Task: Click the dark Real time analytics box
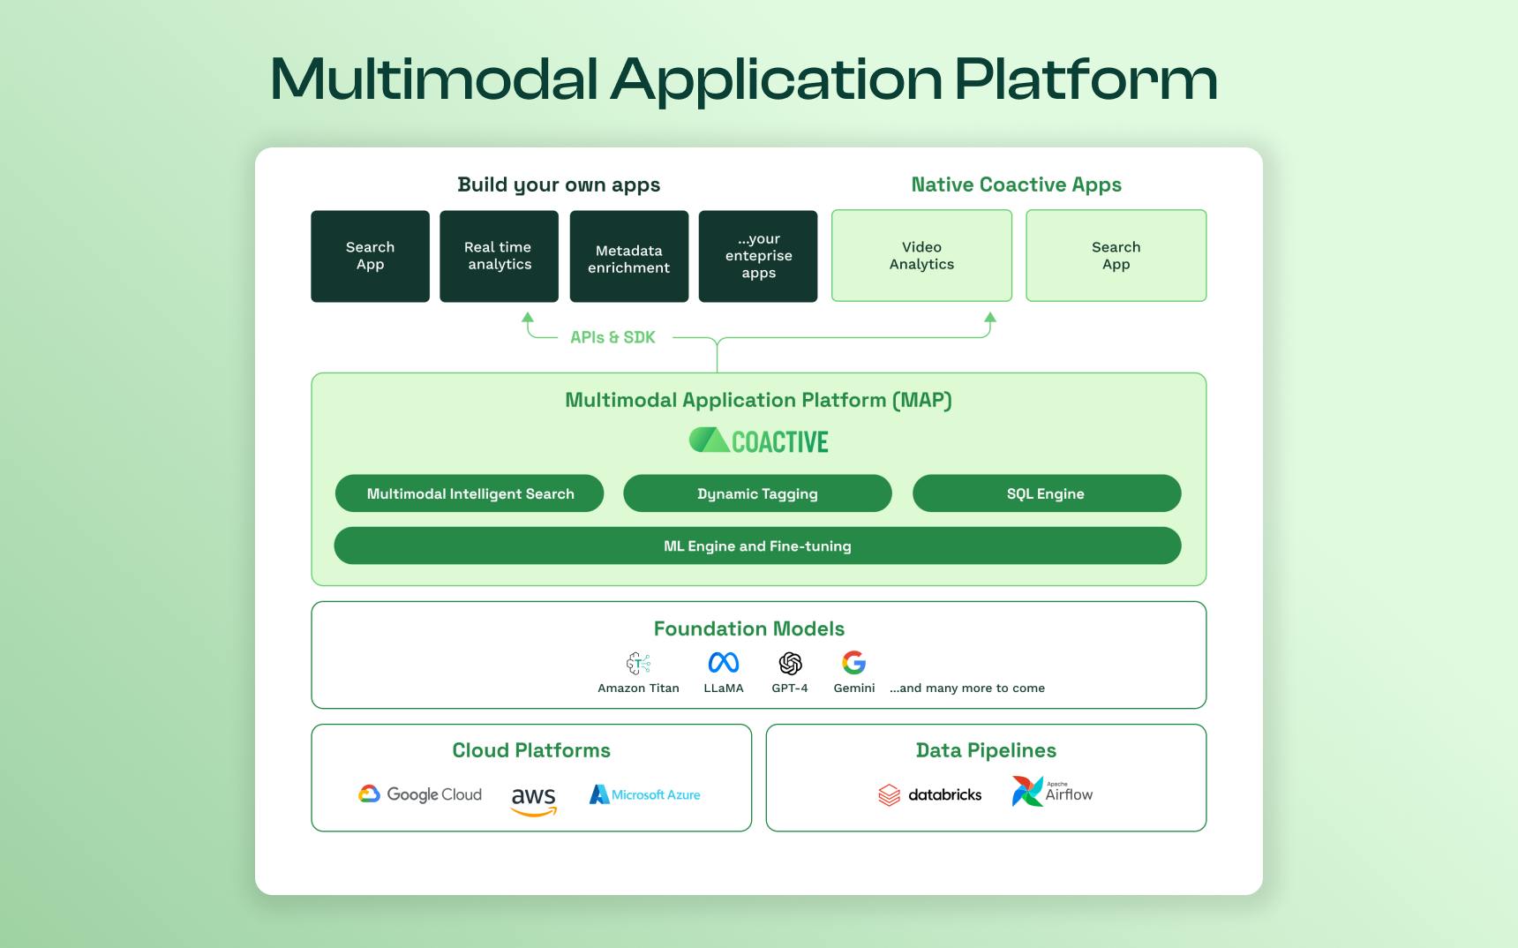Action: (x=499, y=256)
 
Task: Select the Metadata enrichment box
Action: (x=628, y=256)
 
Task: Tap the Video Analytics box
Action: (x=921, y=256)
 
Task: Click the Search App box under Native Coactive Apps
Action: (x=1116, y=256)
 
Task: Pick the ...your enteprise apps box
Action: (x=757, y=256)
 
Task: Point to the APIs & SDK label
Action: (x=612, y=337)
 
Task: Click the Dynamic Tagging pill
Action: (x=757, y=493)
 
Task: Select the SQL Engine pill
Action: (x=1046, y=493)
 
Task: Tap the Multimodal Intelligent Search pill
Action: (x=470, y=493)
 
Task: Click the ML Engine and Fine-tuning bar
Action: (x=757, y=545)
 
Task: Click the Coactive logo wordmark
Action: (x=759, y=441)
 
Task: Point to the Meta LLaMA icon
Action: (x=724, y=663)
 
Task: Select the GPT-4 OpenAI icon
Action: (x=790, y=663)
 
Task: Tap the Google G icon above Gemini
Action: (x=853, y=663)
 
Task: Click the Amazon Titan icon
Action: (x=638, y=664)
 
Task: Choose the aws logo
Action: (x=534, y=799)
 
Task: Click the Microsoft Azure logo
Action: (x=645, y=794)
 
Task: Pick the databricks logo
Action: (x=930, y=794)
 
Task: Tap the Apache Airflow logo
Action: (x=1052, y=792)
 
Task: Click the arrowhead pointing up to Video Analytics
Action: (x=990, y=318)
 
